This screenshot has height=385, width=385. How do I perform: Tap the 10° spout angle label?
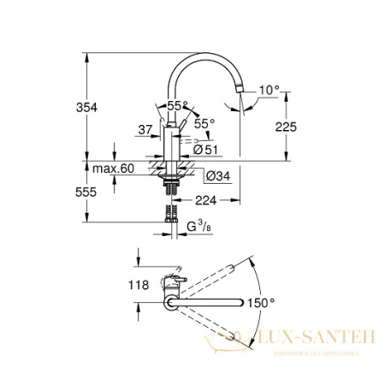(270, 89)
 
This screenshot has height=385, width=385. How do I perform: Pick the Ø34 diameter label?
(216, 177)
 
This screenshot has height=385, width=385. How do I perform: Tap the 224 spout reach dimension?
(203, 201)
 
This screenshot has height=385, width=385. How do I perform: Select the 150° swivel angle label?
(261, 302)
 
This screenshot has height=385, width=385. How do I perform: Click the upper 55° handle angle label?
(179, 104)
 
